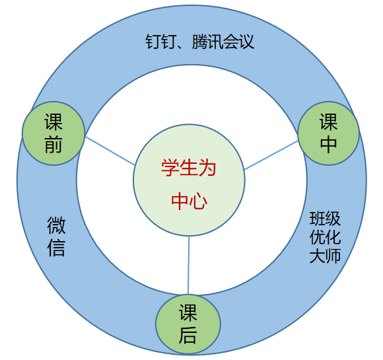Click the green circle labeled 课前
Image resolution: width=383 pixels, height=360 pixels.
[53, 133]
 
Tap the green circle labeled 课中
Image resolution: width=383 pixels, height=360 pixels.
[328, 133]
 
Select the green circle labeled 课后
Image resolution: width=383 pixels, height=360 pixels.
[188, 324]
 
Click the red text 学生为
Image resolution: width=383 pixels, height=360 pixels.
[188, 168]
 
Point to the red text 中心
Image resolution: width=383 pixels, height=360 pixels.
[189, 201]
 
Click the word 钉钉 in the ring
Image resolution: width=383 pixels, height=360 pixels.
[160, 42]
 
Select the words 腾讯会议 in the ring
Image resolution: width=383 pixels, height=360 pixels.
[223, 42]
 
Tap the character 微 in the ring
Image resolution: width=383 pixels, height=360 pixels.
[56, 225]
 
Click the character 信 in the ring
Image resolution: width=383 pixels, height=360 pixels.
[56, 248]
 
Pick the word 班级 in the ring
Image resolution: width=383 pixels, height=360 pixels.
[325, 218]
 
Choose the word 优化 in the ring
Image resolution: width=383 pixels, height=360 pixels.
[325, 237]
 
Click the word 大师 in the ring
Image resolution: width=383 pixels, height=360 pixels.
[325, 256]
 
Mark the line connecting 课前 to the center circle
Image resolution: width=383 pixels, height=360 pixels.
[110, 151]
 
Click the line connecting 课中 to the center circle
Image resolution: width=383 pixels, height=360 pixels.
[271, 155]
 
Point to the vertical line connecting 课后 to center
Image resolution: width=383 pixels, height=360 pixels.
[189, 265]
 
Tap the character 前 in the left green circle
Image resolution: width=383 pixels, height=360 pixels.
[53, 145]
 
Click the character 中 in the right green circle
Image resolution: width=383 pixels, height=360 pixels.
[329, 145]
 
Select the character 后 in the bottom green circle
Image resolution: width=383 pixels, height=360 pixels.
[188, 336]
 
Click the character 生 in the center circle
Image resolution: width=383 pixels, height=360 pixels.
[188, 168]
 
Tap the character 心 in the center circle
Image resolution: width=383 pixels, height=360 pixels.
[198, 201]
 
